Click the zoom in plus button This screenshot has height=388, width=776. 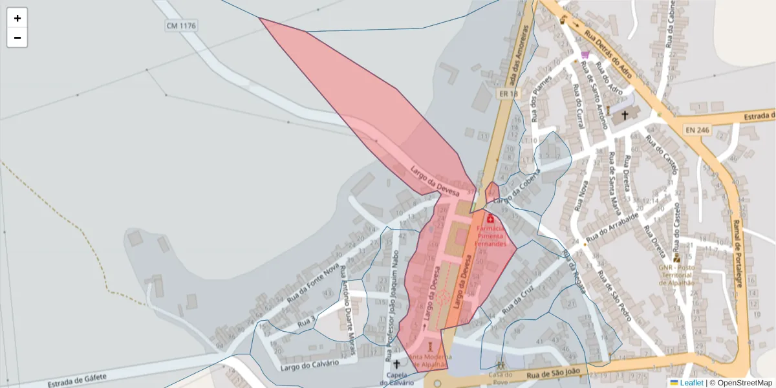(17, 18)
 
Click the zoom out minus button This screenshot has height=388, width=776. (17, 38)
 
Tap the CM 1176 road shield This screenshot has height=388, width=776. (181, 26)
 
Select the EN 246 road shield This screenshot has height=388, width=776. (698, 130)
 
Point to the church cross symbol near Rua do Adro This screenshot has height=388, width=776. (625, 116)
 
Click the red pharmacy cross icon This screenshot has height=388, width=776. (490, 219)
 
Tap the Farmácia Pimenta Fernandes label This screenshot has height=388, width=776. (490, 236)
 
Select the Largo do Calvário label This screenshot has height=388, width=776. (310, 365)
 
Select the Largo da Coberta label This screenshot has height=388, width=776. (523, 188)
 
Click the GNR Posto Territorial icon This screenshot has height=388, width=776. (676, 258)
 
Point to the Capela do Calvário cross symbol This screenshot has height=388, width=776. (396, 365)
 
